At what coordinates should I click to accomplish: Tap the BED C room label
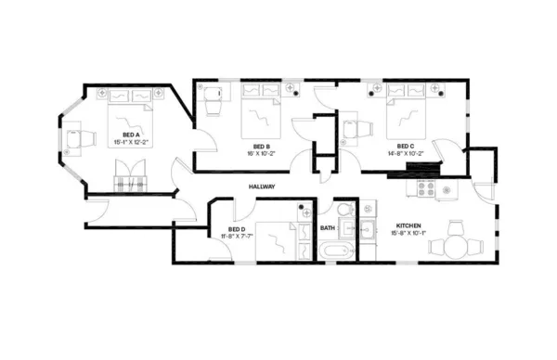click(405, 146)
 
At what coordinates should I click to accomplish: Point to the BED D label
click(237, 229)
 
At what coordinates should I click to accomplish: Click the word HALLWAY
click(264, 187)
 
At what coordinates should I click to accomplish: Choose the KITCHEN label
click(409, 226)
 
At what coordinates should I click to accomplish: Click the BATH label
click(327, 227)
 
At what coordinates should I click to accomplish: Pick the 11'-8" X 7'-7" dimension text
click(236, 237)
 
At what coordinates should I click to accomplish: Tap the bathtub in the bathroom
click(335, 251)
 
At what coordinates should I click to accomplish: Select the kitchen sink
click(368, 226)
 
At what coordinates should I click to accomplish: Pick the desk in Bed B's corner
click(211, 96)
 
